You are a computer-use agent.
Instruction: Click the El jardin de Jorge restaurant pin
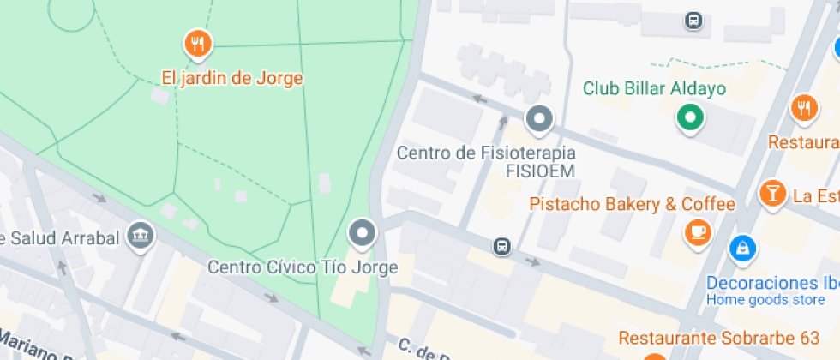click(x=198, y=43)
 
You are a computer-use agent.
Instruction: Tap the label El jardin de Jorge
click(x=232, y=78)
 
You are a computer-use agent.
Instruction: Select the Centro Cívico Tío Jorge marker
click(x=363, y=233)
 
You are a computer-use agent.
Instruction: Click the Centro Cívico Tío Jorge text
click(x=303, y=267)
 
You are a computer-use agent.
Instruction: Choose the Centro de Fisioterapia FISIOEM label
click(x=486, y=162)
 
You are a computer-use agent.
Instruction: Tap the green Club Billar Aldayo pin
click(x=690, y=117)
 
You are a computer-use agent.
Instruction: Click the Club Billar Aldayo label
click(x=654, y=88)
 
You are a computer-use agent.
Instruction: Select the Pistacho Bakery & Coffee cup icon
click(x=698, y=231)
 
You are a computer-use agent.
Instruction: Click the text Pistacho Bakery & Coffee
click(x=632, y=204)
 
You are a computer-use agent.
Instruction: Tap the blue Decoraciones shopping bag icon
click(x=741, y=249)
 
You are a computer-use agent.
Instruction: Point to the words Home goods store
click(x=765, y=300)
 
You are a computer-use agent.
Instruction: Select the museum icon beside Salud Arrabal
click(x=139, y=233)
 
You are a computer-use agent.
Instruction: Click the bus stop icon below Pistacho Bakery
click(x=502, y=247)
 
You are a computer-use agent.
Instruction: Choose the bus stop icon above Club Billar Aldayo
click(x=693, y=20)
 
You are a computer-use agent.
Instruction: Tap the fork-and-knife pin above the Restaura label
click(x=803, y=108)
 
